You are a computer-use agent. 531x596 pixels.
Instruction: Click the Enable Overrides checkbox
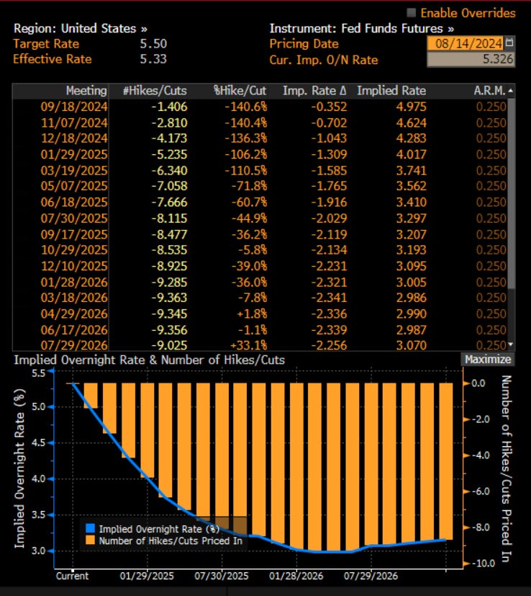pos(412,13)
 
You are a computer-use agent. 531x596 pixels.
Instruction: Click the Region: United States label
pos(80,29)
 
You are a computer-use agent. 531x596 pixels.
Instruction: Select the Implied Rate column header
pos(391,91)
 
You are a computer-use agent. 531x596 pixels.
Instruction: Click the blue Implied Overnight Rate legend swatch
pos(91,528)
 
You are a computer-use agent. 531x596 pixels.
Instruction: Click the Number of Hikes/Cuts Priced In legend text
pos(171,540)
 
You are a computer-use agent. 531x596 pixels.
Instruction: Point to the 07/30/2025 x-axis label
pos(221,577)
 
